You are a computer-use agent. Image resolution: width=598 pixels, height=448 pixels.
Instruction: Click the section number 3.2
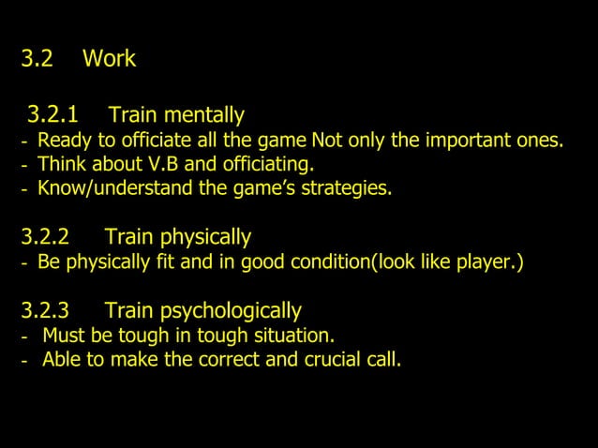click(37, 59)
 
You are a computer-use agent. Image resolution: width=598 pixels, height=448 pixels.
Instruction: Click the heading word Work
click(109, 59)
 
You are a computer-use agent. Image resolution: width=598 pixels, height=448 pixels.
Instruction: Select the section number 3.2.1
click(52, 115)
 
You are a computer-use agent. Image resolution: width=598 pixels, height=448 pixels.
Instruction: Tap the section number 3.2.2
click(46, 236)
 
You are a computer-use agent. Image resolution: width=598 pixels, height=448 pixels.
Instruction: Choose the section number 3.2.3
click(46, 309)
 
